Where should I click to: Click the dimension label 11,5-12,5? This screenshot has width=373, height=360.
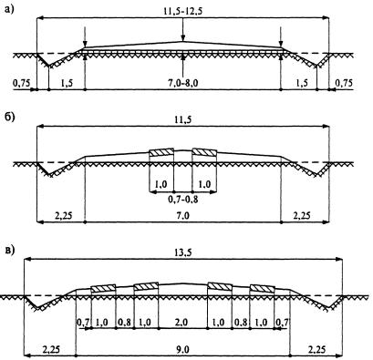(182, 11)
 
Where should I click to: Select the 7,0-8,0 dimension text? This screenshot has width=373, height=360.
(183, 83)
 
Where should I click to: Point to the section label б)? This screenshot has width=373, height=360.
(9, 118)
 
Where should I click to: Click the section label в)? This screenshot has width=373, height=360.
(10, 250)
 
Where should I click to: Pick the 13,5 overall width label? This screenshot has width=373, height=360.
(183, 252)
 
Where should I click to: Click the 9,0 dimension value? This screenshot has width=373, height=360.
(182, 350)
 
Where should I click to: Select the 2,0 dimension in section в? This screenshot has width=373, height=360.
(182, 323)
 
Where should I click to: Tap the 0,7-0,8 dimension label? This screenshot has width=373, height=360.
(183, 200)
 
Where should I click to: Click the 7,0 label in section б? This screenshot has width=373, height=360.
(183, 216)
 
